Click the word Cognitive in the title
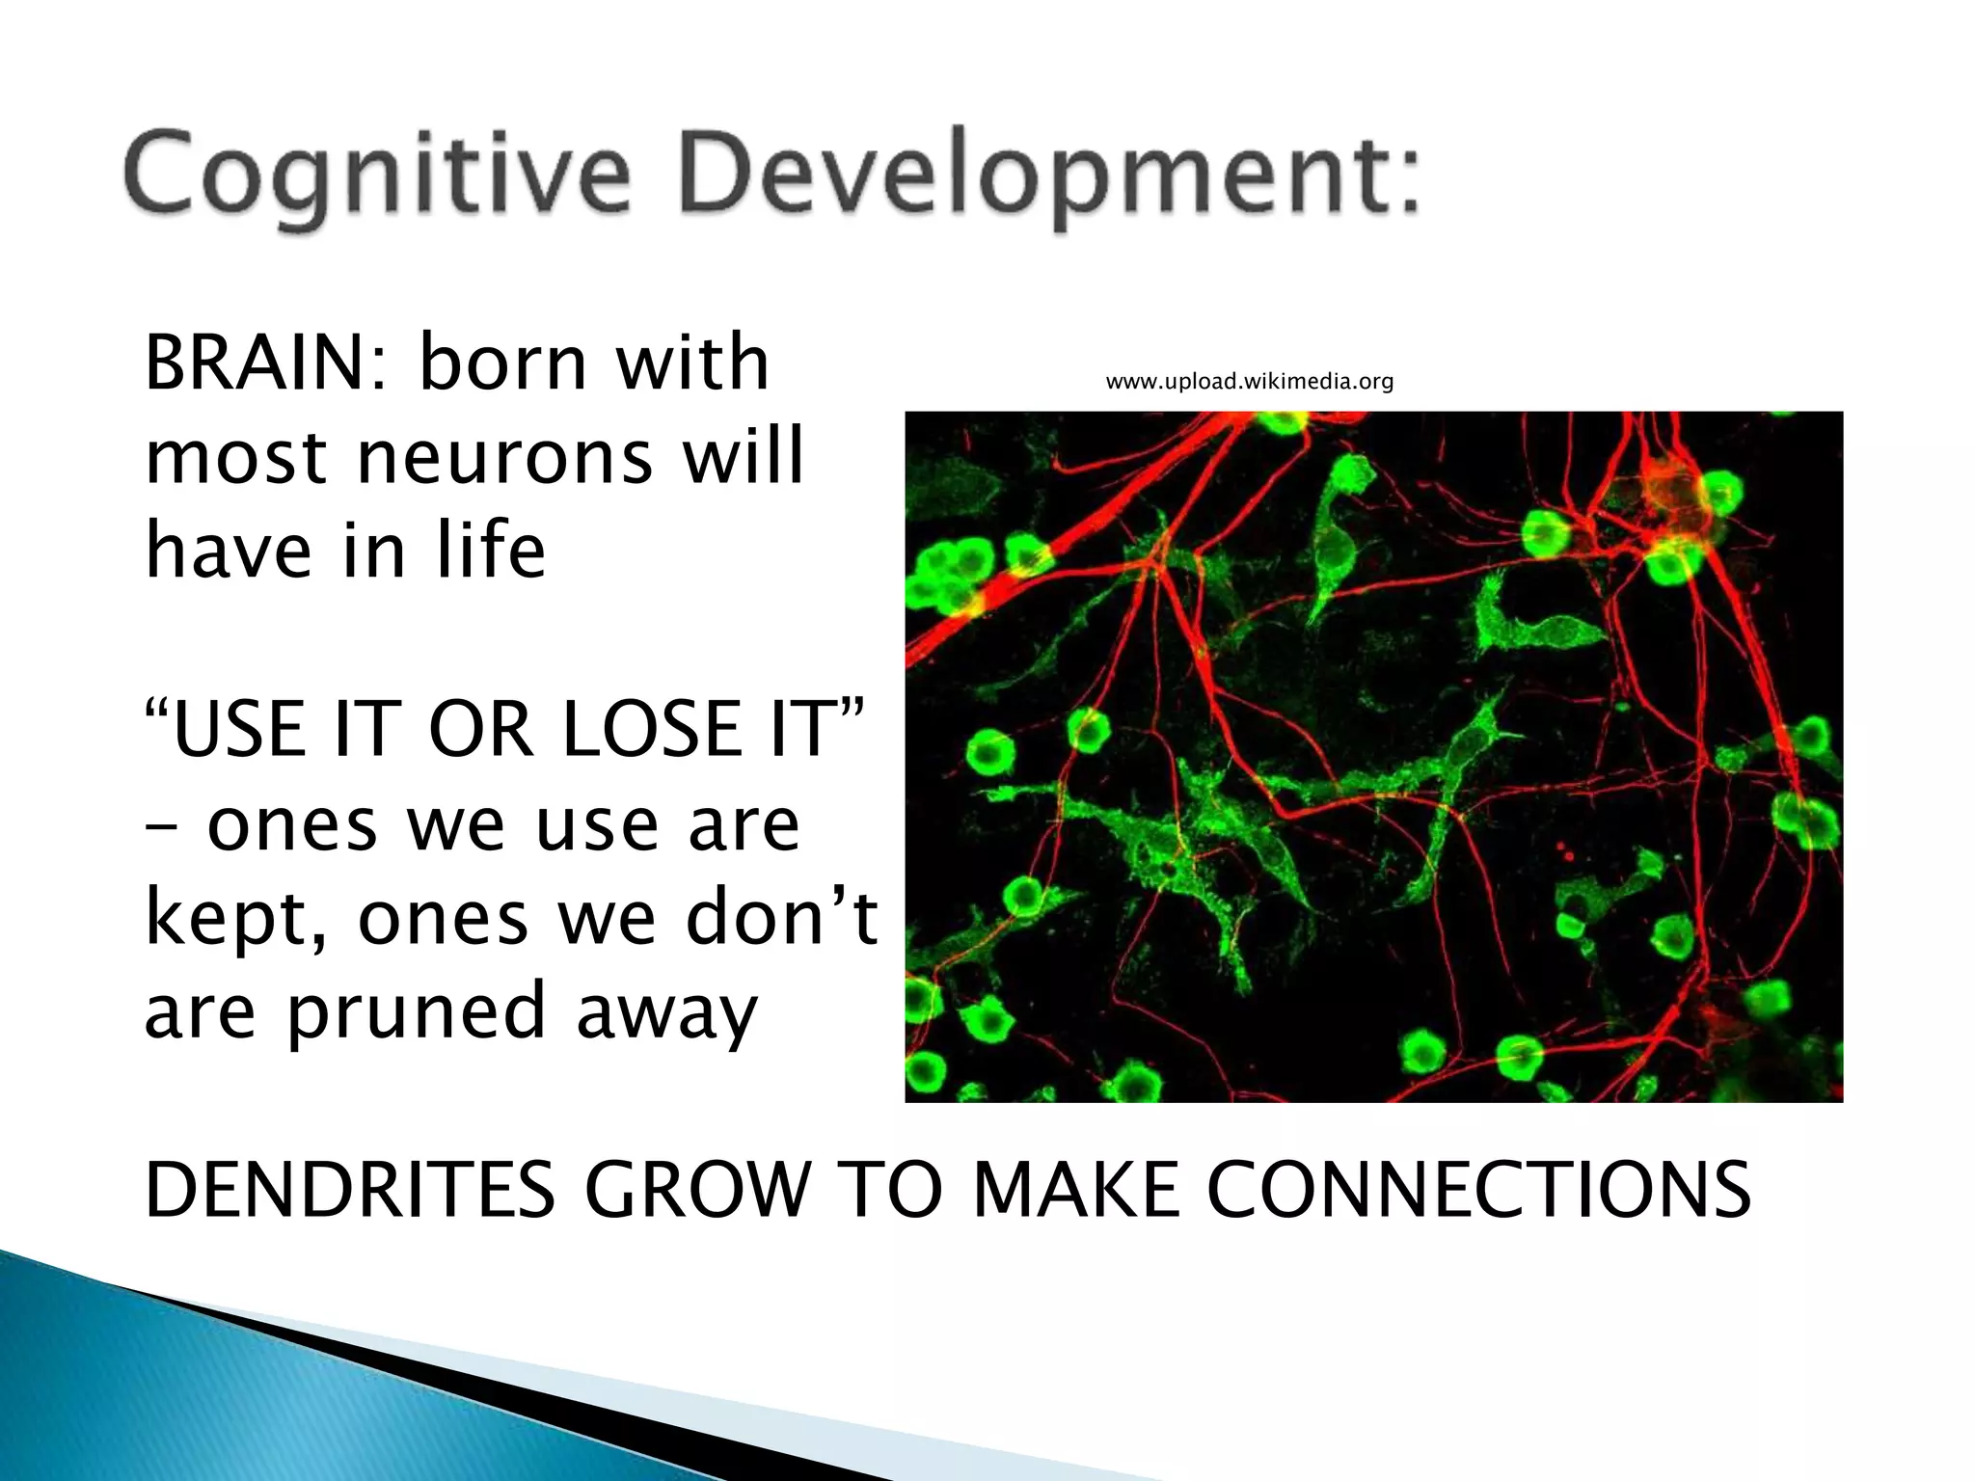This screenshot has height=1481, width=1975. pyautogui.click(x=376, y=177)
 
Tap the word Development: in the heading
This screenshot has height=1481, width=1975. pyautogui.click(x=1049, y=177)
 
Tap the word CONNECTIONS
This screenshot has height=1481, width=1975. pyautogui.click(x=1477, y=1190)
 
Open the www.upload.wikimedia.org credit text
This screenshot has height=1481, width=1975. pyautogui.click(x=1249, y=382)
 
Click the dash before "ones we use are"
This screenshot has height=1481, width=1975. pyautogui.click(x=161, y=827)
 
